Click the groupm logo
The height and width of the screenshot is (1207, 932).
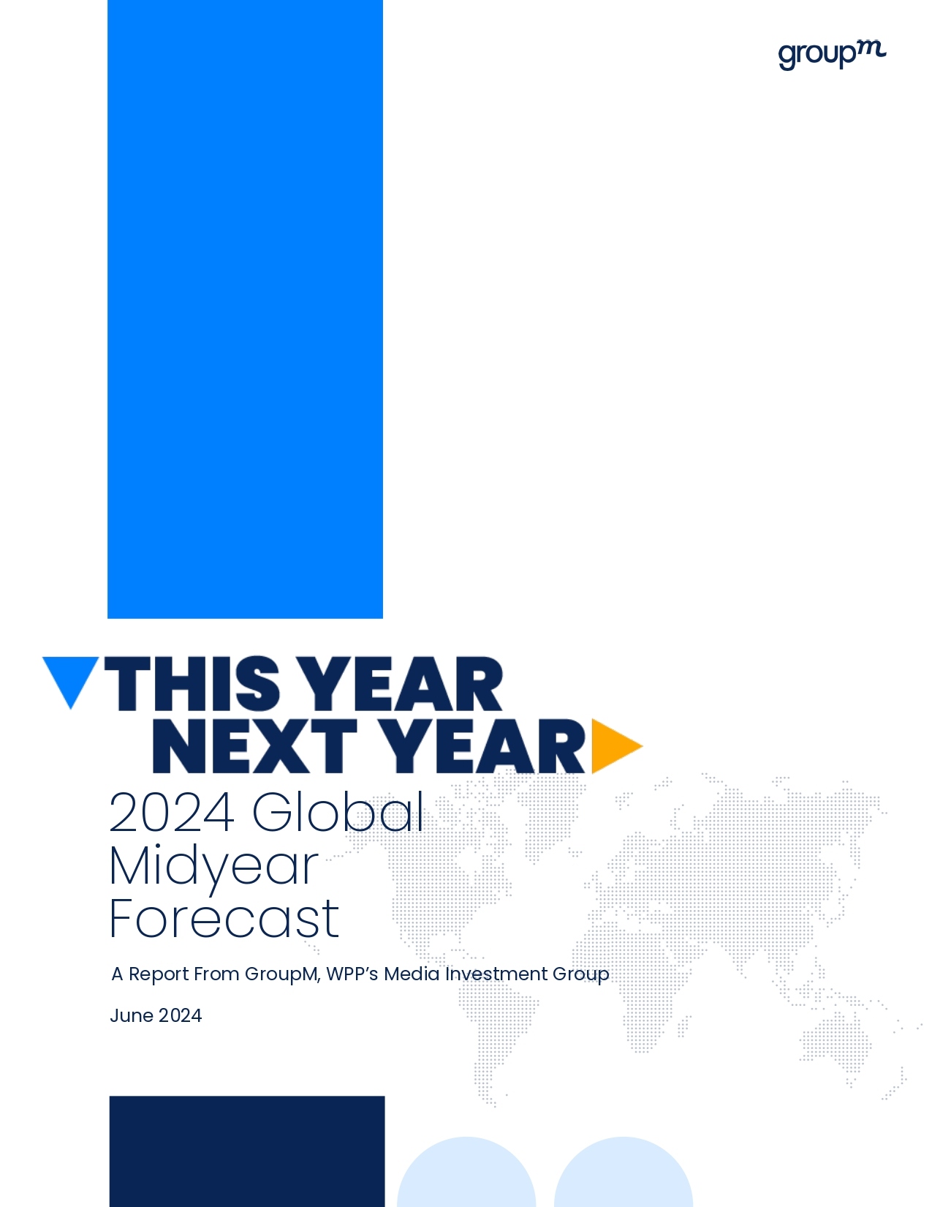[x=832, y=55]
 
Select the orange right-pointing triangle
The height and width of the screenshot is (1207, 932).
[x=616, y=746]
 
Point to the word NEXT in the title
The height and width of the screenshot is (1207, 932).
[x=255, y=746]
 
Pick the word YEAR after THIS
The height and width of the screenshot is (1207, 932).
[x=404, y=683]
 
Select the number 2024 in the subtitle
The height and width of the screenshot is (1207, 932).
[x=172, y=812]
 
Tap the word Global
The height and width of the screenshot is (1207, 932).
[x=338, y=811]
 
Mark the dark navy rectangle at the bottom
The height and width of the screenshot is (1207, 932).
[x=247, y=1151]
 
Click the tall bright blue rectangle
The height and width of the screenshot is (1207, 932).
[x=245, y=309]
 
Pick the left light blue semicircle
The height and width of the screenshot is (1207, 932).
[x=466, y=1173]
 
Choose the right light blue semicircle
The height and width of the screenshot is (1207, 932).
[x=624, y=1173]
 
